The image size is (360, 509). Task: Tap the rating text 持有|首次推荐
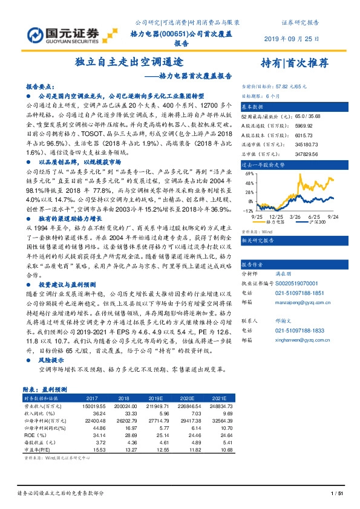point(294,63)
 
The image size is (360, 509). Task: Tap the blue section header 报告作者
point(253,265)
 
